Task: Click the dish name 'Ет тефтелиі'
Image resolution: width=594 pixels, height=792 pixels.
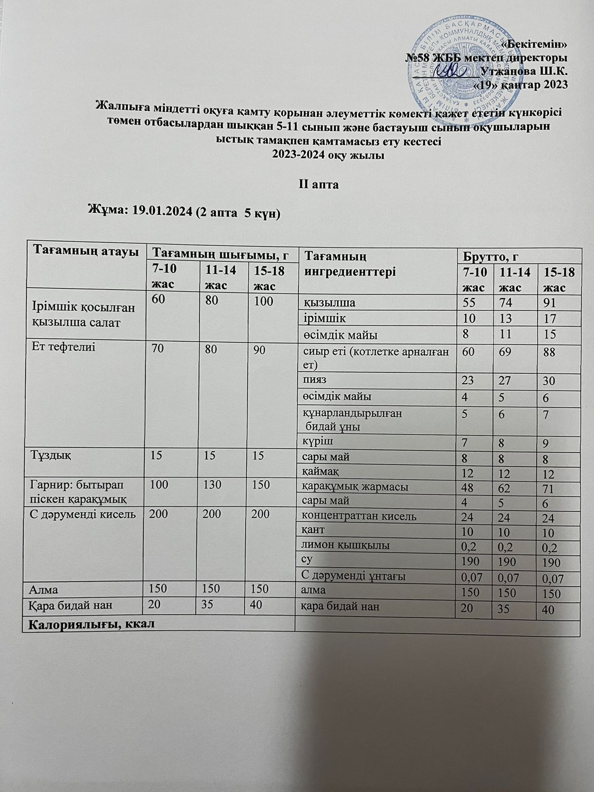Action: [x=63, y=347]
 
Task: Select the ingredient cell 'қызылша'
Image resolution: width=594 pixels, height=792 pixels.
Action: [x=326, y=302]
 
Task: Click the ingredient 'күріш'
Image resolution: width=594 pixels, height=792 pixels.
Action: [x=315, y=440]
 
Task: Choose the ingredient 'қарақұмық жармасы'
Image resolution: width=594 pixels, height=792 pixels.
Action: [x=355, y=486]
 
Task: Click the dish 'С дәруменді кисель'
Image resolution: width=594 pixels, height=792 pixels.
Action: [x=83, y=514]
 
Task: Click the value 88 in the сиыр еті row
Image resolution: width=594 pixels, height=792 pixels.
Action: [x=549, y=353]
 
